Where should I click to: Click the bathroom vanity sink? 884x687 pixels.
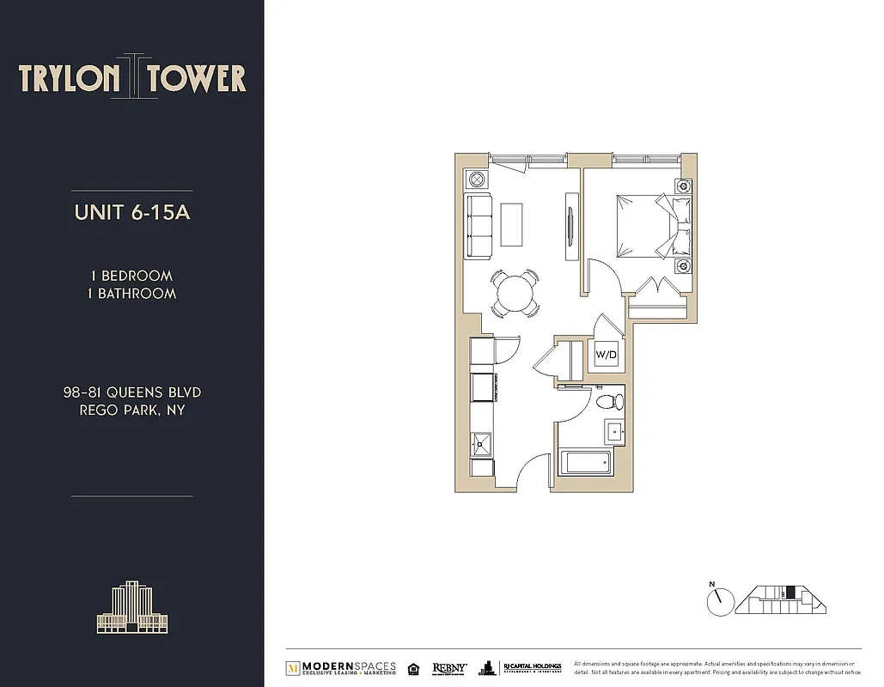tap(615, 431)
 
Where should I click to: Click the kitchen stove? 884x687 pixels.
tap(482, 386)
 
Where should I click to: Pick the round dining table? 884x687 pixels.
tap(515, 293)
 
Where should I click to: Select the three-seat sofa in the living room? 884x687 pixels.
tap(479, 226)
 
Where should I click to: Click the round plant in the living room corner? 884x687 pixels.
tap(476, 179)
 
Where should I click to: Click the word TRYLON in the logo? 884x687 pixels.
tap(70, 78)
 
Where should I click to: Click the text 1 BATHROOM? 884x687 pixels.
tap(132, 294)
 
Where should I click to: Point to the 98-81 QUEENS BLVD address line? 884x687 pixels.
tap(132, 392)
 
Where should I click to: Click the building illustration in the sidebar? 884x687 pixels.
tap(131, 607)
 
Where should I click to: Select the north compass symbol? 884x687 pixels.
tap(719, 599)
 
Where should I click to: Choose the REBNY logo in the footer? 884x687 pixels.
tap(449, 667)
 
